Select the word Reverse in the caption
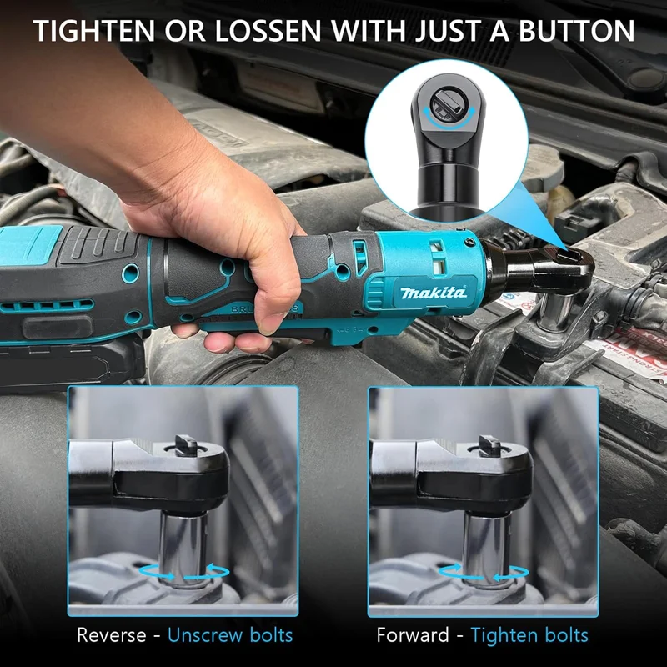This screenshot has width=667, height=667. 113,634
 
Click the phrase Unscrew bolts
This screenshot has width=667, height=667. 230,634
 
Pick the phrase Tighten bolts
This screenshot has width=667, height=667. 529,634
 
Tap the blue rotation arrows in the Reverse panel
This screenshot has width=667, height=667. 185,571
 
